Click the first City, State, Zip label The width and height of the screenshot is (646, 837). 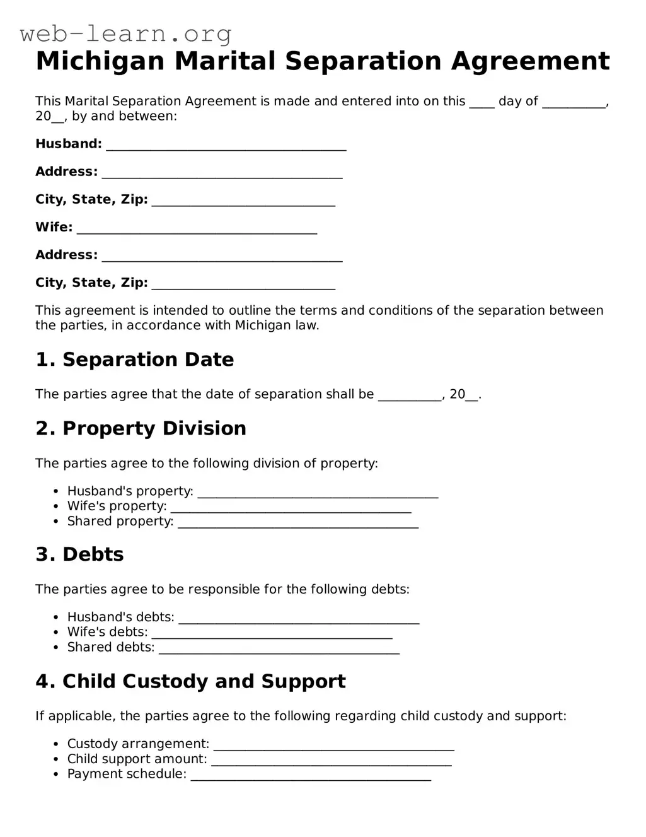[x=91, y=199]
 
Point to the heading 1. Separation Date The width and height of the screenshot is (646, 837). [x=135, y=360]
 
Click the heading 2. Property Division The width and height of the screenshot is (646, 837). [x=141, y=428]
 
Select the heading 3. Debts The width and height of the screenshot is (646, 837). [x=80, y=554]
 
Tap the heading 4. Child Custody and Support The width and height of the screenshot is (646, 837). [x=191, y=681]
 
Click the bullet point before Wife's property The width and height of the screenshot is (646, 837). [x=55, y=506]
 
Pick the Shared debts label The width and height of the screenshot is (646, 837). [x=111, y=647]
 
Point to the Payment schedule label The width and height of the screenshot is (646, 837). [x=127, y=774]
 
